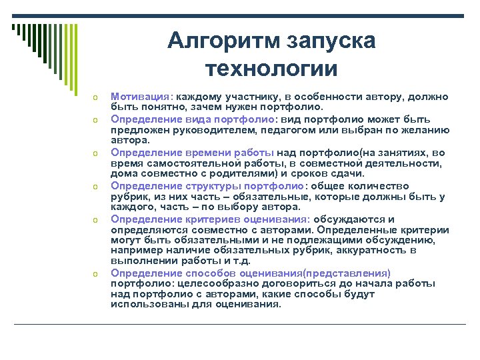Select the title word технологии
click(272, 68)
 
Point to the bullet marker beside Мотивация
click(96, 98)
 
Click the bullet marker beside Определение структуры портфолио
click(96, 187)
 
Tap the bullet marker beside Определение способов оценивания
click(96, 274)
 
